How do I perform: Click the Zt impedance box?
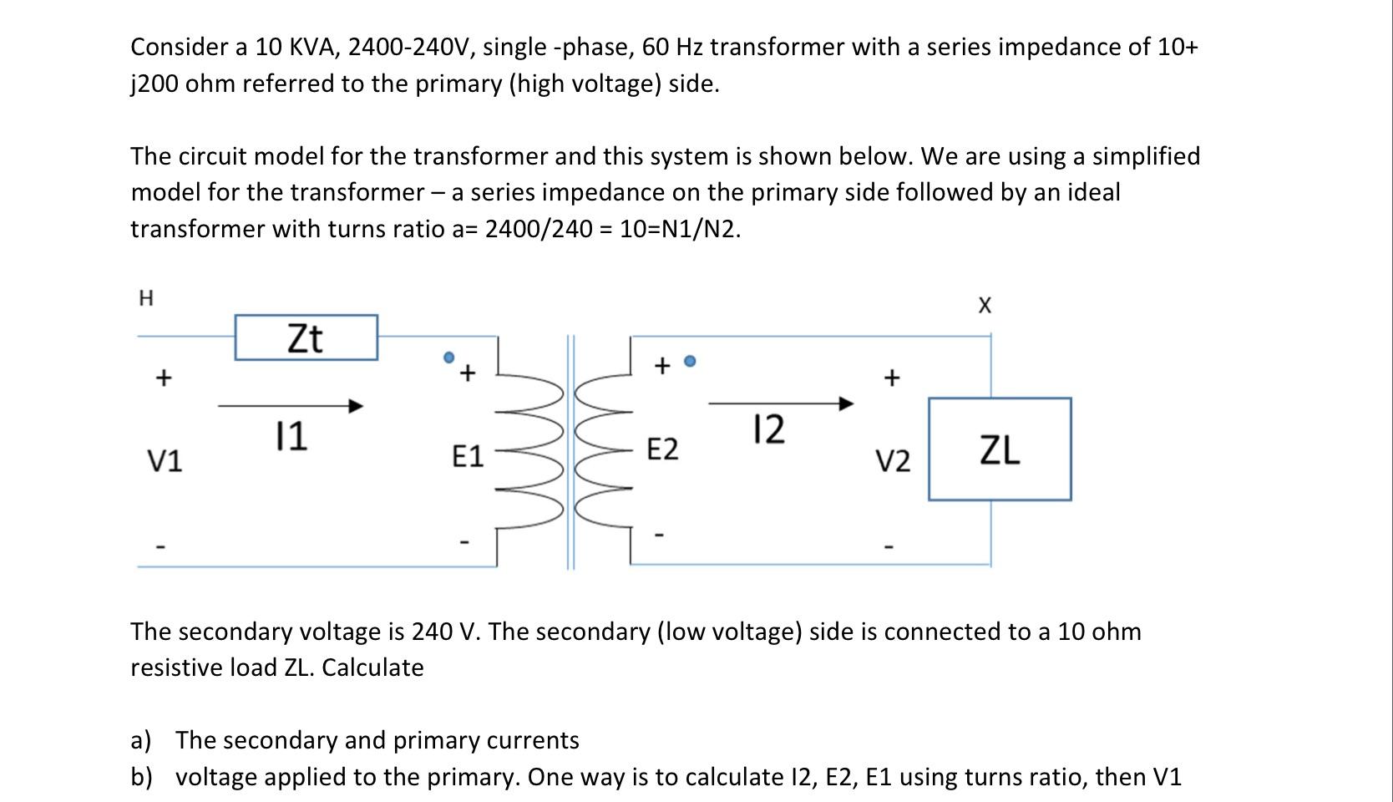(306, 338)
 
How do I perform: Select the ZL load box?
(1000, 449)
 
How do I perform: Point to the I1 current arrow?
(291, 406)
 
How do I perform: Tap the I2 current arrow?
(781, 404)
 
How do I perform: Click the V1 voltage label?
(165, 460)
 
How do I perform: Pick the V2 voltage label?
(893, 460)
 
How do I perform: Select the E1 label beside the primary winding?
(468, 456)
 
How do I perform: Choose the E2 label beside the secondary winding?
(663, 449)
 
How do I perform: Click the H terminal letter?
(145, 298)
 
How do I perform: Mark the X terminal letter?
(985, 306)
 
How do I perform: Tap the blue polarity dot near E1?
(448, 358)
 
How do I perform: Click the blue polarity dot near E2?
(690, 361)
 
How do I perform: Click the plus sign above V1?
(164, 378)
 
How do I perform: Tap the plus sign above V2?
(892, 378)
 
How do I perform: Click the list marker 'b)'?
(141, 777)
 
